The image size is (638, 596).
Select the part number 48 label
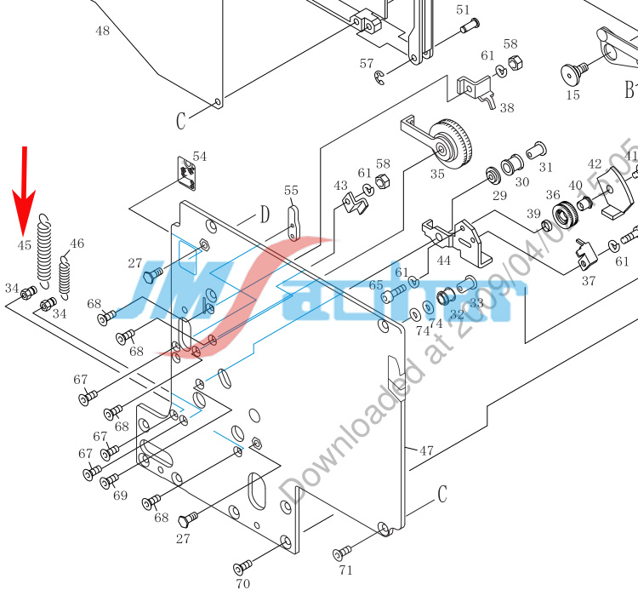tap(102, 32)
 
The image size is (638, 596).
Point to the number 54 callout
tap(200, 157)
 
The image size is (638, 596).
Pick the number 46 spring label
tap(77, 244)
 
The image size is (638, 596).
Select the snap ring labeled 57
tap(380, 78)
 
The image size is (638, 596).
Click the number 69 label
tap(120, 495)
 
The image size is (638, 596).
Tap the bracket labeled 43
tap(354, 202)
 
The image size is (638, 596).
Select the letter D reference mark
tap(265, 214)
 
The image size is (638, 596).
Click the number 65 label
tap(375, 284)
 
